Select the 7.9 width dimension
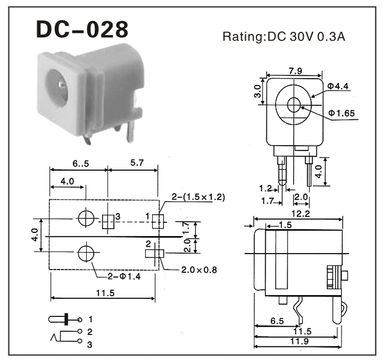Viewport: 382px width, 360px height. pyautogui.click(x=295, y=70)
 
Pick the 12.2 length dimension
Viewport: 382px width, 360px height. pyautogui.click(x=298, y=213)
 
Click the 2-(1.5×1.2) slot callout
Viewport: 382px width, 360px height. pyautogui.click(x=188, y=197)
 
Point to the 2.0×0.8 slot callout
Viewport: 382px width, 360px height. pyautogui.click(x=199, y=269)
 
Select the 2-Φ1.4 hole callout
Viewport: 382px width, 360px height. pyautogui.click(x=124, y=277)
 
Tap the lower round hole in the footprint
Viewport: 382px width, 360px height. pyautogui.click(x=86, y=253)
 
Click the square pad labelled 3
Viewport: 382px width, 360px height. pyautogui.click(x=108, y=220)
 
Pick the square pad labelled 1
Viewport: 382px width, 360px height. pyautogui.click(x=158, y=220)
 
